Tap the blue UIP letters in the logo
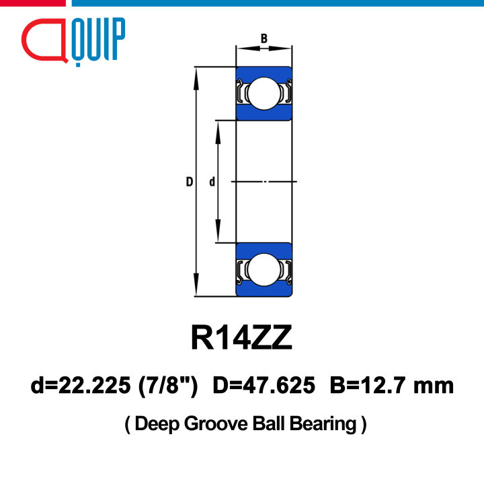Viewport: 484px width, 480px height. [x=98, y=39]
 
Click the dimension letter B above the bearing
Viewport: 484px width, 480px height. [x=264, y=38]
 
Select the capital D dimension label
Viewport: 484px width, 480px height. [x=190, y=182]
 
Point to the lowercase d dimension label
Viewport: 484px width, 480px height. [x=212, y=182]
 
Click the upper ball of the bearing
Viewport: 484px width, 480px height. [x=264, y=94]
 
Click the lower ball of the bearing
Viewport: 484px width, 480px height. [x=264, y=270]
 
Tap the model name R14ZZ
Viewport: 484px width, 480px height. [x=241, y=337]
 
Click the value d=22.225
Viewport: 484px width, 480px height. [x=81, y=386]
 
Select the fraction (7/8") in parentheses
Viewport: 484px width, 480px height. [x=168, y=386]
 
